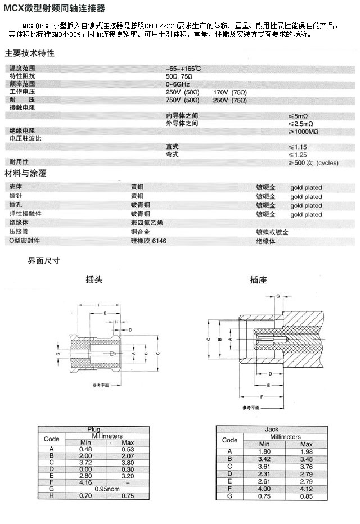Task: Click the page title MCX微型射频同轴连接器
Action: coord(54,8)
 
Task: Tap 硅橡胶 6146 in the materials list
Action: coord(148,241)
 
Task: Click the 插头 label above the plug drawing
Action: coord(94,279)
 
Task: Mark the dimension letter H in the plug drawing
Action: coord(116,322)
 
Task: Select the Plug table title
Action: coord(93,430)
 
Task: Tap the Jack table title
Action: coord(272,430)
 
